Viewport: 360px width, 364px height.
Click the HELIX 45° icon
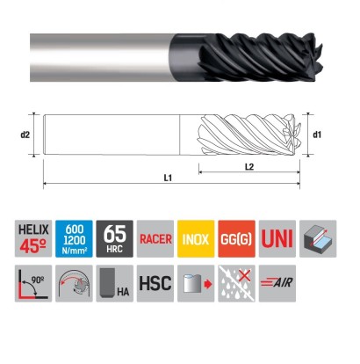click(x=33, y=238)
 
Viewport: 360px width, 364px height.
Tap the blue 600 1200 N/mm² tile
click(x=74, y=238)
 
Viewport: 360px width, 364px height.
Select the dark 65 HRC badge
click(x=115, y=238)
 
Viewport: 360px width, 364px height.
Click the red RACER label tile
click(x=155, y=238)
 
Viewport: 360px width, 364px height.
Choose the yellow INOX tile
click(x=196, y=238)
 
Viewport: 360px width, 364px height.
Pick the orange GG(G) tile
click(x=237, y=238)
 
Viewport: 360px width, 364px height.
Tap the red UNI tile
click(x=277, y=238)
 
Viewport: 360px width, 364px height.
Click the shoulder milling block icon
click(x=318, y=238)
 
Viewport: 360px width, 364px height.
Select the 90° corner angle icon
click(x=33, y=283)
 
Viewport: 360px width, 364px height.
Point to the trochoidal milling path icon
click(x=74, y=283)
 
